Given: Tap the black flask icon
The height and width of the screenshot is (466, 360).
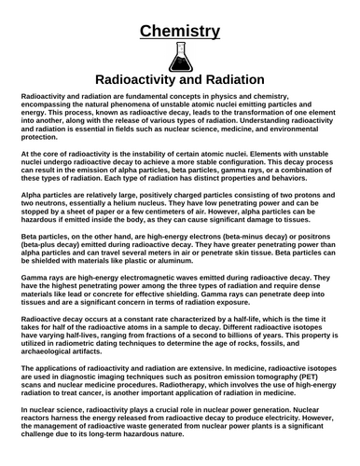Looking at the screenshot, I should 180,58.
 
